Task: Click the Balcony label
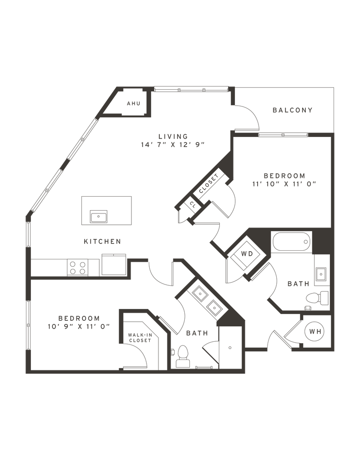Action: (292, 110)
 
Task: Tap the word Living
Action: (172, 136)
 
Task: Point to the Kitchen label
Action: (102, 241)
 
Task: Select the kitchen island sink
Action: (98, 216)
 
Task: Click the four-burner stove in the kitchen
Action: (77, 267)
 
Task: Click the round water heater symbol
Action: (314, 332)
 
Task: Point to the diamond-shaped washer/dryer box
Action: (246, 254)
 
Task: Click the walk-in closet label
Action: (139, 337)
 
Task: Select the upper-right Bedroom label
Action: (284, 175)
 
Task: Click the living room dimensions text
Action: (173, 145)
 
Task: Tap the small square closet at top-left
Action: (133, 104)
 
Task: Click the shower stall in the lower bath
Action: (230, 347)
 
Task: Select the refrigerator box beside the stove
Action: (112, 265)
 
